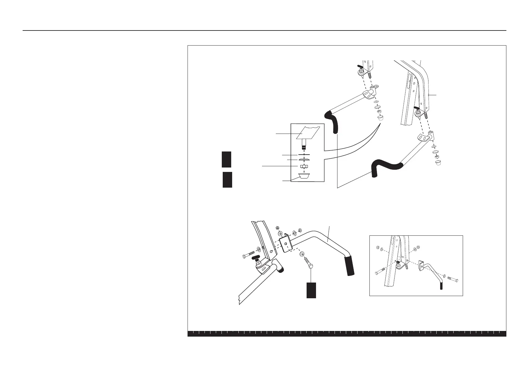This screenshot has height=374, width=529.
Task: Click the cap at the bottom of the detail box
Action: point(303,176)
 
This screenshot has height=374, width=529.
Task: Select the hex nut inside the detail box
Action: point(303,166)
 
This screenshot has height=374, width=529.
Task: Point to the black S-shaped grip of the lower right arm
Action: point(386,166)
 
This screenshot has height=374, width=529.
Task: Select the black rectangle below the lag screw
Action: point(311,290)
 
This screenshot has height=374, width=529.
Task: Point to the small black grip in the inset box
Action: point(441,285)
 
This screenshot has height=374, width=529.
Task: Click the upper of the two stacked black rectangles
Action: point(226,159)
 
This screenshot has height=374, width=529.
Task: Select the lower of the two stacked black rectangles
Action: point(227,179)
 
